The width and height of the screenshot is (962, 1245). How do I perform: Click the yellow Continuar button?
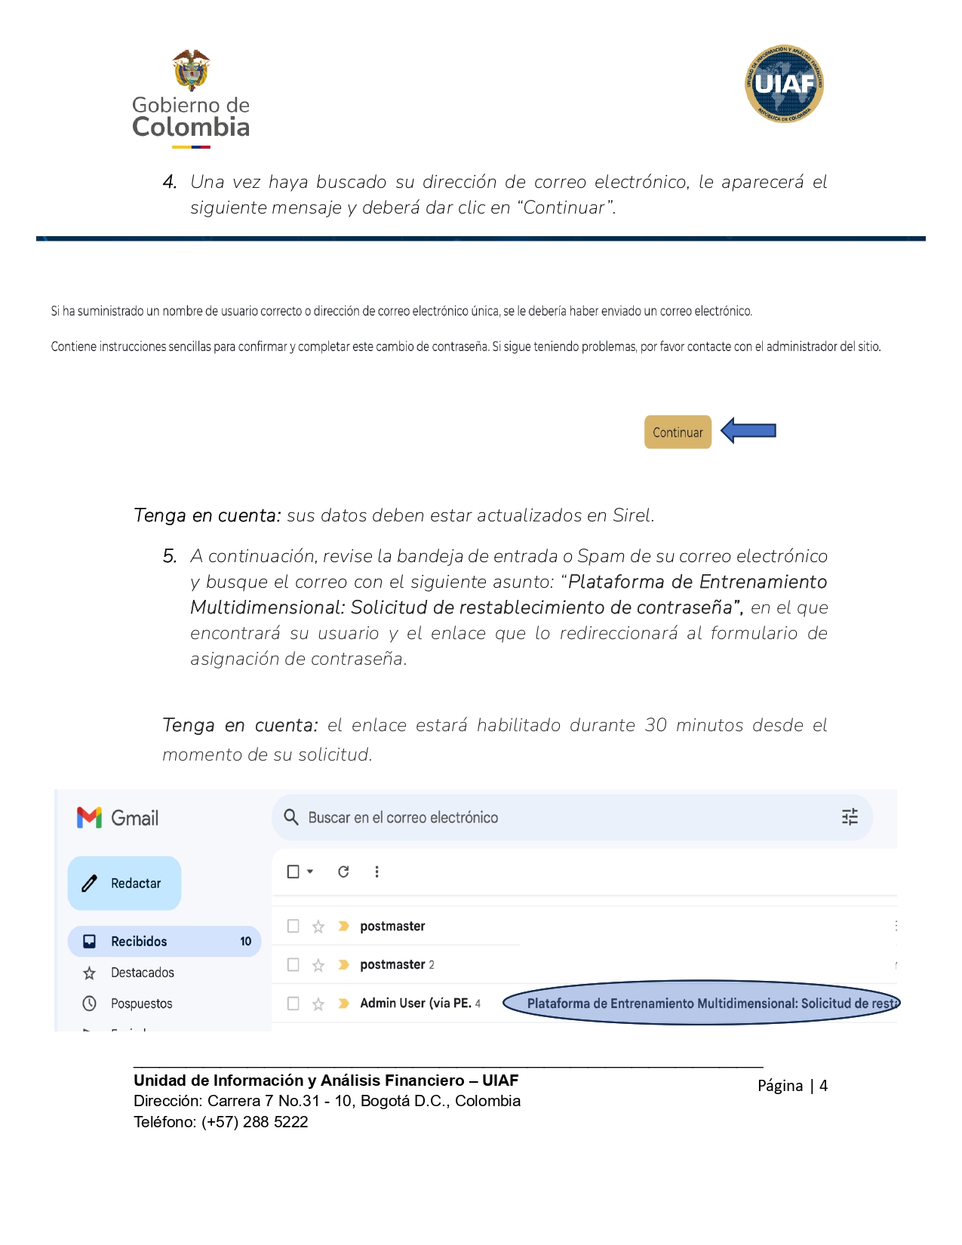click(678, 432)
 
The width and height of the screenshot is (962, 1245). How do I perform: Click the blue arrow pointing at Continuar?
click(748, 431)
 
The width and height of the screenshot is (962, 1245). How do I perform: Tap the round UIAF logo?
click(784, 84)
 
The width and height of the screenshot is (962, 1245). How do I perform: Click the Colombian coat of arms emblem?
click(191, 70)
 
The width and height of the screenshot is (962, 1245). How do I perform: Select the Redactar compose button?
click(124, 883)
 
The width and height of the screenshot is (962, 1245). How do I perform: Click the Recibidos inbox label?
click(139, 941)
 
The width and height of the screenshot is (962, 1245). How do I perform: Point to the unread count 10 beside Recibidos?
click(245, 941)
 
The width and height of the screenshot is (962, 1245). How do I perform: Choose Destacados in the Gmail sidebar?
click(142, 973)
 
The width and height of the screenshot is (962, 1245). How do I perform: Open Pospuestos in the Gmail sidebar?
click(141, 1004)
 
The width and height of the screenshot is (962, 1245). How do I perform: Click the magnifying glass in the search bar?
click(291, 817)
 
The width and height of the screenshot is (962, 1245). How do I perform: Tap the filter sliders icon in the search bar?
click(850, 816)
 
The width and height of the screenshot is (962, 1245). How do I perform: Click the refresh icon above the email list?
click(343, 871)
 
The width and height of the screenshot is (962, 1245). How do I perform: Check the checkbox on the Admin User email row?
click(294, 1004)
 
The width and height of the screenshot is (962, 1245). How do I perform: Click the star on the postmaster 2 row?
click(318, 965)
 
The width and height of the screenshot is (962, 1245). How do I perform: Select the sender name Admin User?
click(415, 1003)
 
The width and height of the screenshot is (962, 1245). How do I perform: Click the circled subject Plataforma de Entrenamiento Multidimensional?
click(702, 1003)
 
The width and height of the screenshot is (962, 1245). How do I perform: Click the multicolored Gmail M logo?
click(89, 817)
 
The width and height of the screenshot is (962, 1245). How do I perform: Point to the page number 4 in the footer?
click(823, 1086)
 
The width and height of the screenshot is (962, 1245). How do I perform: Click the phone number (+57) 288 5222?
click(254, 1122)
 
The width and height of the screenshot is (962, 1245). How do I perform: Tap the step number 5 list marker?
click(170, 556)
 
